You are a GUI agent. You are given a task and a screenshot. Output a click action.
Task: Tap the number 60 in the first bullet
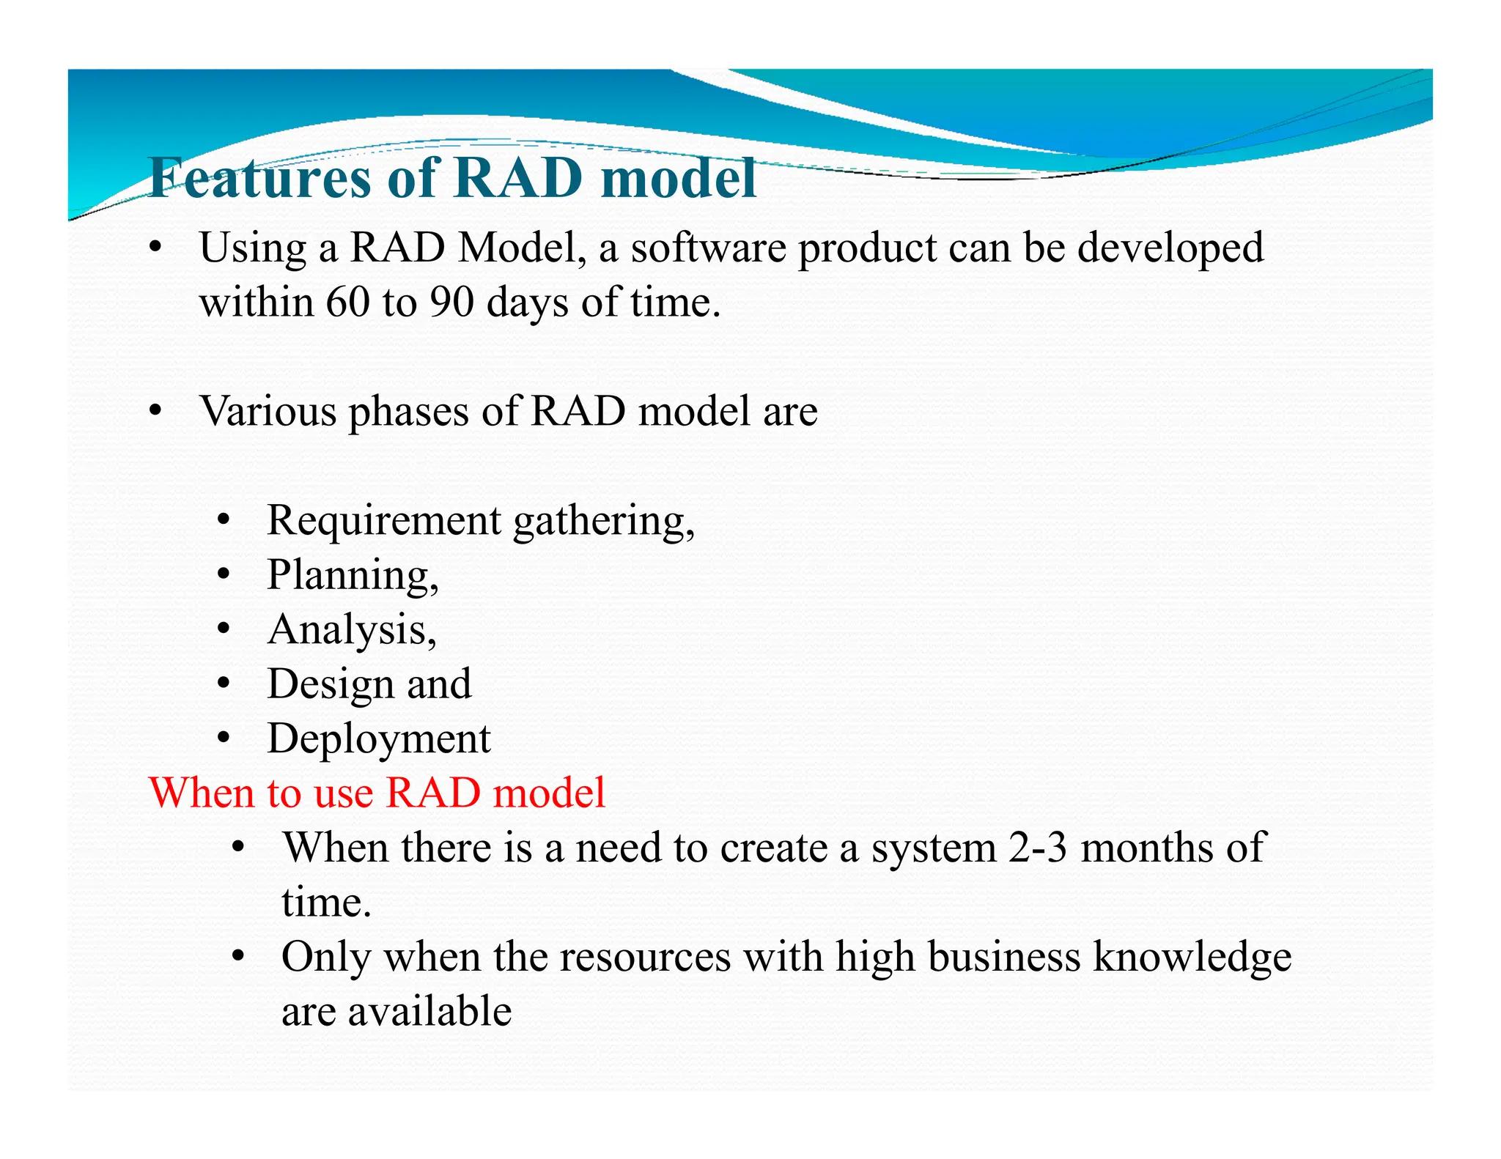(x=347, y=301)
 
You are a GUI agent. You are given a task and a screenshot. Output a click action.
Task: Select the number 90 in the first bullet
(x=451, y=301)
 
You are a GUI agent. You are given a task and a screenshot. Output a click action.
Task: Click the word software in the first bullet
(x=708, y=248)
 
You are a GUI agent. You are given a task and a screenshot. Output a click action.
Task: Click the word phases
(x=408, y=412)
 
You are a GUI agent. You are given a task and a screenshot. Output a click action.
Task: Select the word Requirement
(x=384, y=520)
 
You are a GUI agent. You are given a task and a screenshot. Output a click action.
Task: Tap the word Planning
(x=348, y=575)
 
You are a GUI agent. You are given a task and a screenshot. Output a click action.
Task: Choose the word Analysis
(x=347, y=630)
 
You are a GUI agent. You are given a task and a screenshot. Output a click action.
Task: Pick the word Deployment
(x=378, y=739)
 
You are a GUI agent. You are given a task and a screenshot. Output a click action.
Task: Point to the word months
(x=1147, y=848)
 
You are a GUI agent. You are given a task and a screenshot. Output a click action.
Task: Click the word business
(x=1003, y=957)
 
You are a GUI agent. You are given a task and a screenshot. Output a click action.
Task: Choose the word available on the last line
(x=429, y=1012)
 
